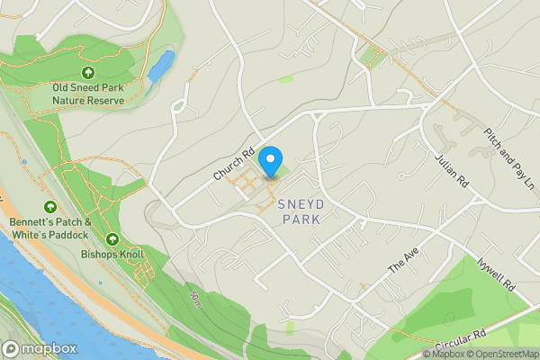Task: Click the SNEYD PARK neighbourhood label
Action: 301,211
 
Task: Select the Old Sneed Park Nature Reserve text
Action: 88,94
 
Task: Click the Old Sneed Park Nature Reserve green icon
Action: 88,73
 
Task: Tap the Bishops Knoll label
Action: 112,254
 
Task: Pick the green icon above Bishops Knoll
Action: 112,238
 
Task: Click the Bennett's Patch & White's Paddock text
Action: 49,228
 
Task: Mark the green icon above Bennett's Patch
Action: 49,207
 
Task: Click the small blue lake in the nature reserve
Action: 162,65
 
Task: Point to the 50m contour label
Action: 195,297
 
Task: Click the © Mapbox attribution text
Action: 443,354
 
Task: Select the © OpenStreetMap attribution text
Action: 502,354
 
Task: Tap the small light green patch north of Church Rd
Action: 286,79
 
